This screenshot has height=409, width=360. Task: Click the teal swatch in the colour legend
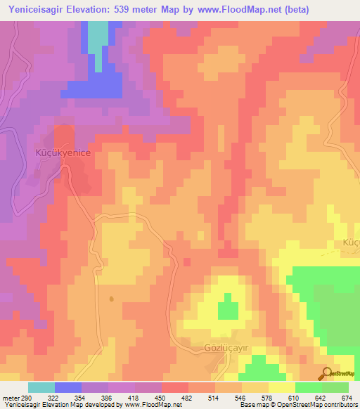(41, 387)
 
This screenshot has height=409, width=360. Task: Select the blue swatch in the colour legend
(67, 387)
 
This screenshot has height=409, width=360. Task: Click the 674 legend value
(347, 398)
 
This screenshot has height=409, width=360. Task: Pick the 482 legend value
(187, 398)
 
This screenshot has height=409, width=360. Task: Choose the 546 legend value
(240, 398)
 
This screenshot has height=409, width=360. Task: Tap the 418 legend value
(134, 398)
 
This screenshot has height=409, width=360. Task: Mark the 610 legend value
(294, 398)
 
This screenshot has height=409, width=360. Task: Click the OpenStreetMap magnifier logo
(327, 374)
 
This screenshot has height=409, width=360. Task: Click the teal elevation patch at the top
(98, 42)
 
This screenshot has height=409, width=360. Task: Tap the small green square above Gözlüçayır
(226, 309)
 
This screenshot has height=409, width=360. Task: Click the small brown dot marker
(112, 299)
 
